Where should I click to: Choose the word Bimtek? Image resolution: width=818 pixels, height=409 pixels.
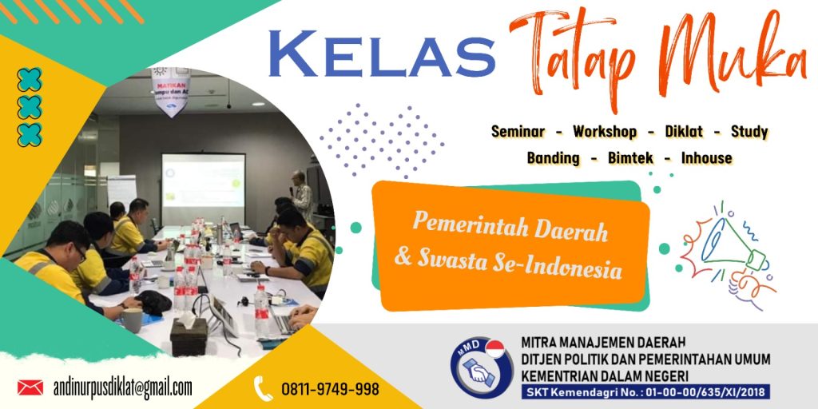click(629, 158)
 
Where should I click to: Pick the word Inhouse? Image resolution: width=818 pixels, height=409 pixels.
click(706, 158)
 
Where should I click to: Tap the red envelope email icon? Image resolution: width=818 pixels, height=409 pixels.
click(30, 388)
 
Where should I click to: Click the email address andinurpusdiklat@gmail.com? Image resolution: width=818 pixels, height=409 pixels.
click(123, 388)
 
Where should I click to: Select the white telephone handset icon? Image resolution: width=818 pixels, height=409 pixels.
click(263, 389)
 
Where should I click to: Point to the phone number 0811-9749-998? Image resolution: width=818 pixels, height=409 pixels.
click(330, 390)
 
